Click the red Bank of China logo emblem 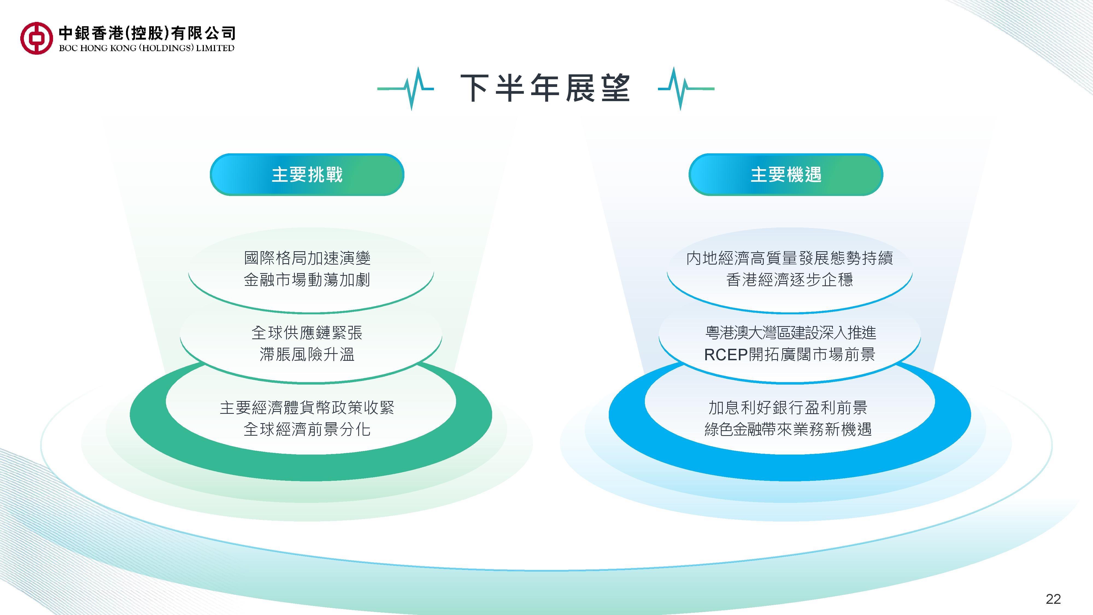(x=37, y=38)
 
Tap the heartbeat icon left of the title (x=406, y=88)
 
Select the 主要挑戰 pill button (x=307, y=174)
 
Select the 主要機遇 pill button (x=786, y=174)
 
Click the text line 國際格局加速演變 (x=307, y=258)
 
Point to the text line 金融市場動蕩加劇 (x=307, y=280)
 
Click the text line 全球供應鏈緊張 (x=307, y=333)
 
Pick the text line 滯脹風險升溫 (x=307, y=355)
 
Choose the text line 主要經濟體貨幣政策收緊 (x=307, y=408)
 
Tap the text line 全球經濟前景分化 (x=307, y=429)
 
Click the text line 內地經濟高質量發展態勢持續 (x=790, y=258)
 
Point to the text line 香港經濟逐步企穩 (x=790, y=280)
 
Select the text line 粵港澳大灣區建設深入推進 (x=790, y=333)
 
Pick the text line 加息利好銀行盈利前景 (x=788, y=408)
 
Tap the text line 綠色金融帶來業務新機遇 (x=788, y=429)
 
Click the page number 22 (x=1054, y=599)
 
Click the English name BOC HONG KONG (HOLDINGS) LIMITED (x=146, y=48)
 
